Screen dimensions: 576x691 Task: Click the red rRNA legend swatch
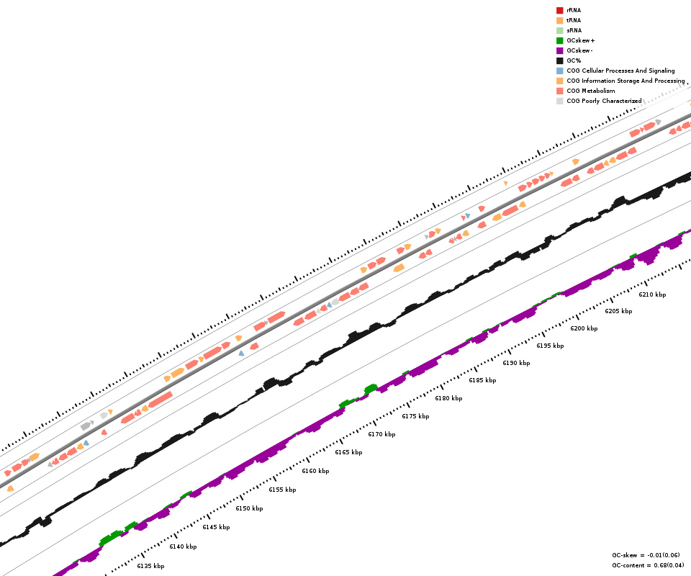pyautogui.click(x=559, y=10)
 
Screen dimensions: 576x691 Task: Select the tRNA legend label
pyautogui.click(x=574, y=20)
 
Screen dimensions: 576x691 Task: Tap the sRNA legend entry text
pyautogui.click(x=574, y=30)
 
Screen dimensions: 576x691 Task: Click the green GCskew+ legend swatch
pyautogui.click(x=559, y=40)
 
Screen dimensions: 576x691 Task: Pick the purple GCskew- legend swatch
pyautogui.click(x=559, y=50)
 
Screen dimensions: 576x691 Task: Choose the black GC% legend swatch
pyautogui.click(x=559, y=60)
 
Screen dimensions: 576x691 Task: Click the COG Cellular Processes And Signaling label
pyautogui.click(x=620, y=71)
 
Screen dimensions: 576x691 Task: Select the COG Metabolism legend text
pyautogui.click(x=590, y=91)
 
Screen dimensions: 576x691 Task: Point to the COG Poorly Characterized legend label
pyautogui.click(x=604, y=101)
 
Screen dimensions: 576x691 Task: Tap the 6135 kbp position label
pyautogui.click(x=150, y=566)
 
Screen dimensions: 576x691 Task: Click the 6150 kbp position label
pyautogui.click(x=249, y=508)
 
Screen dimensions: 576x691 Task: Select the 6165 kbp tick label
pyautogui.click(x=348, y=452)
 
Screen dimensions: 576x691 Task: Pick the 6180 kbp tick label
pyautogui.click(x=448, y=398)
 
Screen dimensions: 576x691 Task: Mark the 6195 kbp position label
pyautogui.click(x=550, y=346)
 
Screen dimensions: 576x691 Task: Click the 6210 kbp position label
pyautogui.click(x=652, y=294)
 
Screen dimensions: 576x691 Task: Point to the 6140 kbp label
pyautogui.click(x=183, y=546)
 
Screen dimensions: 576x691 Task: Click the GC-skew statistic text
pyautogui.click(x=646, y=555)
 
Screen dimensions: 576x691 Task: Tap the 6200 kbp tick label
pyautogui.click(x=584, y=328)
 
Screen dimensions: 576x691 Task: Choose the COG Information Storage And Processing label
pyautogui.click(x=625, y=81)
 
